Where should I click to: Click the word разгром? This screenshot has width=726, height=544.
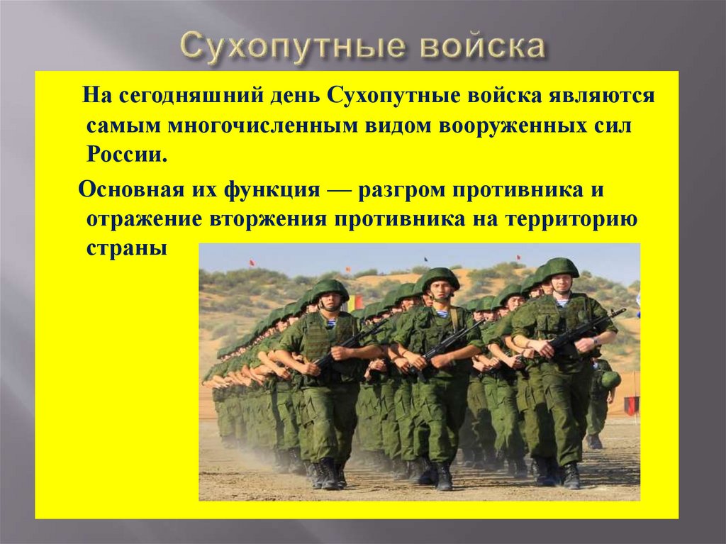pos(397,191)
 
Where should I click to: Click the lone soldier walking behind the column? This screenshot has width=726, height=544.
pos(600,404)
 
